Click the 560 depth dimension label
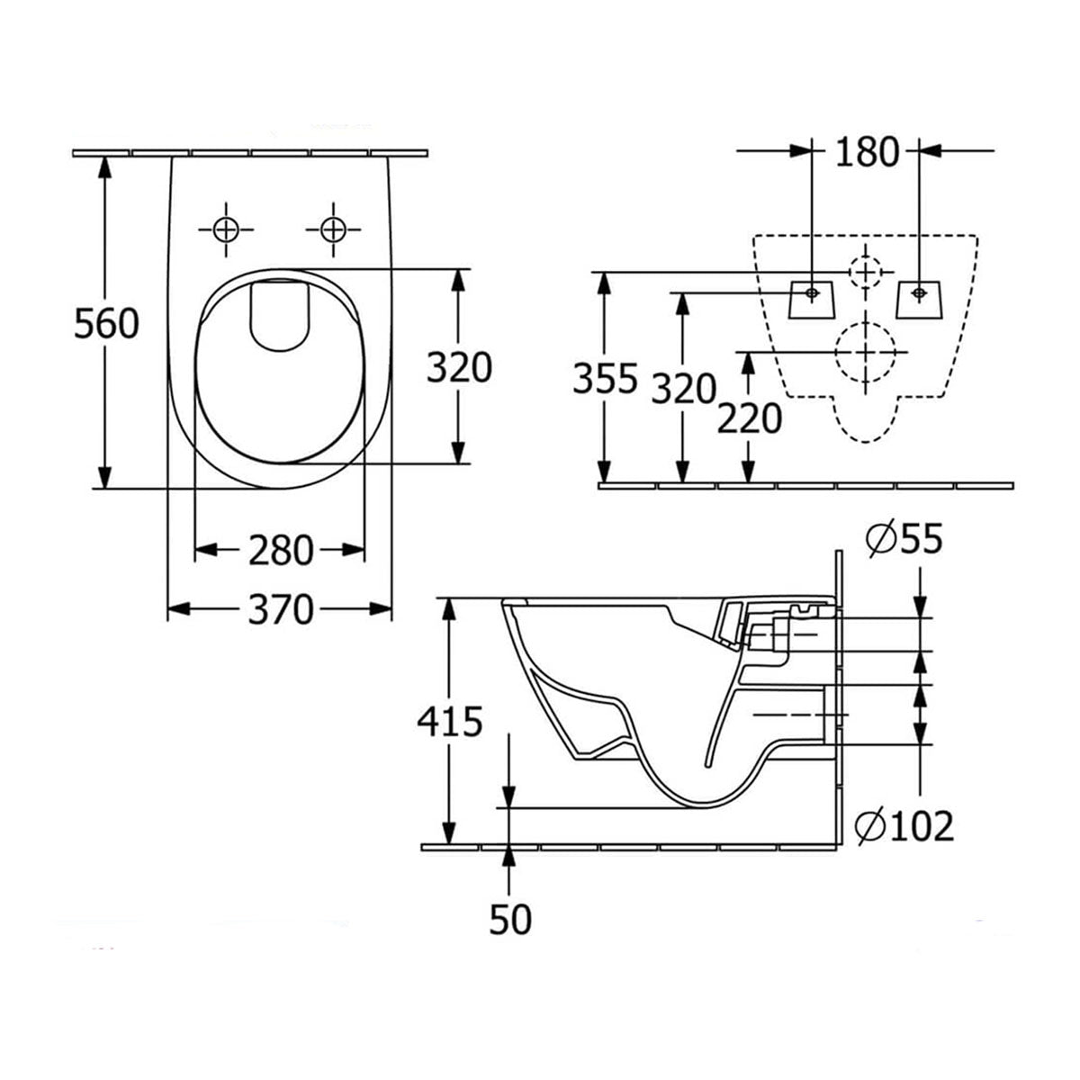[106, 323]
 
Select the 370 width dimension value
[280, 610]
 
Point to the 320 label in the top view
[459, 368]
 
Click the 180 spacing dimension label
[867, 153]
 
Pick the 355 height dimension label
[605, 379]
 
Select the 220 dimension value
[749, 418]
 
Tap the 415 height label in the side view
[450, 722]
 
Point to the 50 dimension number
[510, 919]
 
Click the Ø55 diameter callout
[904, 539]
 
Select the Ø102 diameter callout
[904, 824]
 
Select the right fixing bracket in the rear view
[918, 299]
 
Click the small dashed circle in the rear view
[865, 269]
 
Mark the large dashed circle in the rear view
[866, 352]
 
